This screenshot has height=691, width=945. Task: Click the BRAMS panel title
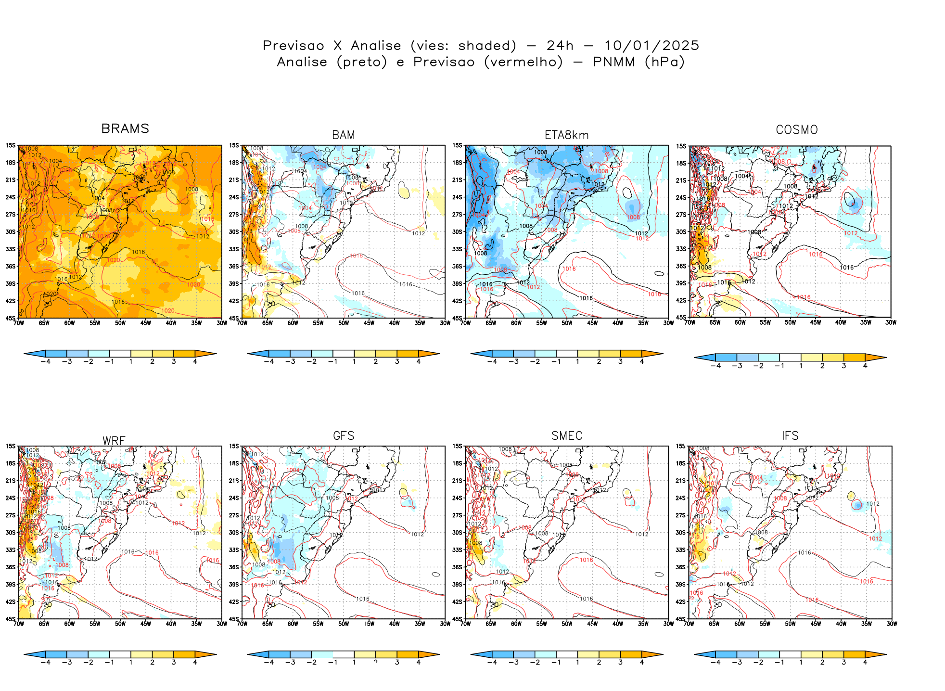125,129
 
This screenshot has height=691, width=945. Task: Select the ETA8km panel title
566,135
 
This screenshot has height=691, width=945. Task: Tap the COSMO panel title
796,130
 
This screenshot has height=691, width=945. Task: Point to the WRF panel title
114,441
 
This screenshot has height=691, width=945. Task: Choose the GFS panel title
344,436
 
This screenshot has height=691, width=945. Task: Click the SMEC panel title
567,436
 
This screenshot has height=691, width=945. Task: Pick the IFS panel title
790,436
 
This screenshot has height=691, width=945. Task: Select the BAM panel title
344,135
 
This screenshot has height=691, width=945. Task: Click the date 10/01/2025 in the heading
651,46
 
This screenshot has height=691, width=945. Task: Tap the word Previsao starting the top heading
293,46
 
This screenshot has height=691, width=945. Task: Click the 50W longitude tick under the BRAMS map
120,323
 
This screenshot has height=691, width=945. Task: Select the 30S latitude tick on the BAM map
234,232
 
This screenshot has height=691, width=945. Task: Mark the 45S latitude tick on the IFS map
680,619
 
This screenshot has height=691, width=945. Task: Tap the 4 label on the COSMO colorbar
865,366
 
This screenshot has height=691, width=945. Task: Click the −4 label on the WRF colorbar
45,663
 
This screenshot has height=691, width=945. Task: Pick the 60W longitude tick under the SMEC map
516,624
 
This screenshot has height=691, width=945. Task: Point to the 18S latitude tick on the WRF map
11,464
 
